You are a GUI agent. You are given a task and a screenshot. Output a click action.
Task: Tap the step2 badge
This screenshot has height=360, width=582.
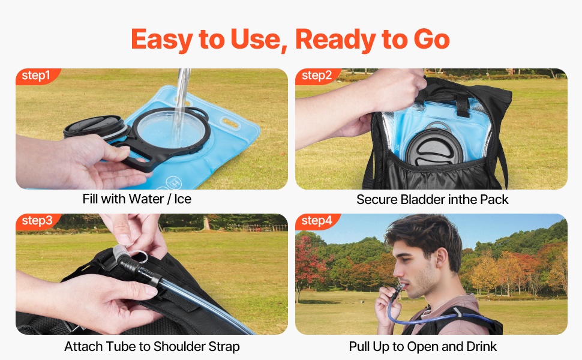pyautogui.click(x=317, y=76)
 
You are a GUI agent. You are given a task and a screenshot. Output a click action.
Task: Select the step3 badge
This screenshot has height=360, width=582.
pyautogui.click(x=37, y=221)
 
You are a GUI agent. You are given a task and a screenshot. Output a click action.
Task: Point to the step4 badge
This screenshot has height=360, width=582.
pyautogui.click(x=317, y=221)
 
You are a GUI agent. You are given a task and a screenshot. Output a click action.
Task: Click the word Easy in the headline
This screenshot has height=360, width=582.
pyautogui.click(x=162, y=40)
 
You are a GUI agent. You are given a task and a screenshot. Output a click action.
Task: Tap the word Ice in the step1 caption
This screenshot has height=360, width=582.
pyautogui.click(x=182, y=199)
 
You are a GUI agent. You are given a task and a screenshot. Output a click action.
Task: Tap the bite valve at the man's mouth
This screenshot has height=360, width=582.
pyautogui.click(x=400, y=287)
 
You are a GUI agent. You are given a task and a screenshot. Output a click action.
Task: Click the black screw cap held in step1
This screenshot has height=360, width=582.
pyautogui.click(x=95, y=126)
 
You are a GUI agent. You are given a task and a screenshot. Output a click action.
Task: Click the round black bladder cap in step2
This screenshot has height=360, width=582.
pyautogui.click(x=434, y=146)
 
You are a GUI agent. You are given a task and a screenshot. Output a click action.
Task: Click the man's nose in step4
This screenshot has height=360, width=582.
pyautogui.click(x=397, y=272)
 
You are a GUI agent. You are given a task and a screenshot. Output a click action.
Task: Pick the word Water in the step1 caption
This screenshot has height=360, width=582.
pyautogui.click(x=147, y=199)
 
